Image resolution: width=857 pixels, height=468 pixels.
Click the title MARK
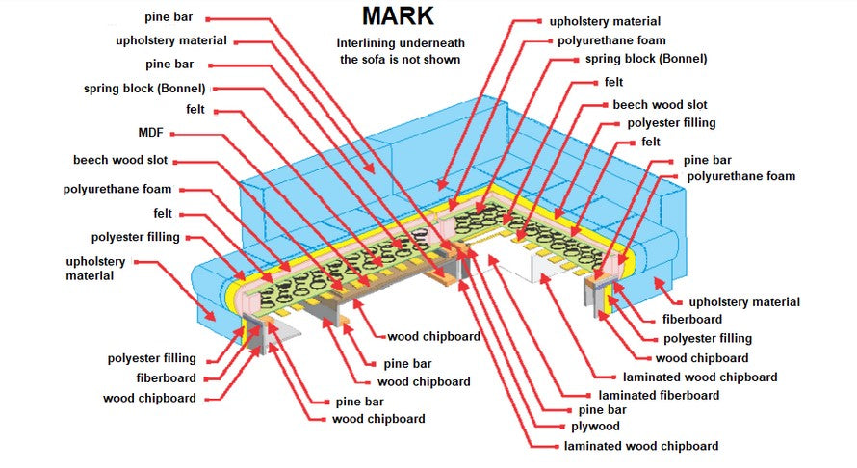click(x=398, y=16)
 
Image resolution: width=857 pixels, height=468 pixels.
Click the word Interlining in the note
click(x=369, y=43)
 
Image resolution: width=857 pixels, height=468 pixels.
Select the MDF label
click(x=152, y=133)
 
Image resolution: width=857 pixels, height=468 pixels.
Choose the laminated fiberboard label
click(x=658, y=395)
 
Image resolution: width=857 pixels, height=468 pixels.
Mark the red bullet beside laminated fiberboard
click(x=588, y=395)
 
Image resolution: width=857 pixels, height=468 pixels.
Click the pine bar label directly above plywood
click(x=604, y=410)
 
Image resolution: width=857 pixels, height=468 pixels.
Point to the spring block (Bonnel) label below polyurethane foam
click(x=645, y=59)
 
